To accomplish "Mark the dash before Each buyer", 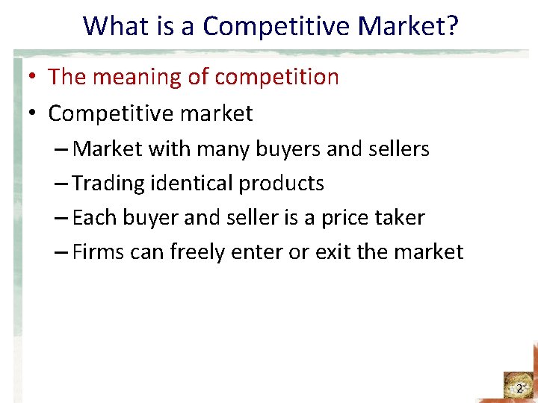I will tap(62, 218).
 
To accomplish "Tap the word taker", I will tap(400, 218).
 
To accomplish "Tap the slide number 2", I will tap(519, 389).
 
